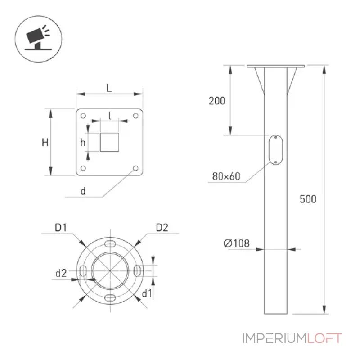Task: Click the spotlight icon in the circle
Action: [x=38, y=38]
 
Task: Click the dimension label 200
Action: [x=217, y=101]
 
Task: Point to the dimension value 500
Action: [x=308, y=199]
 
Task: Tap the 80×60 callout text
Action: [x=226, y=176]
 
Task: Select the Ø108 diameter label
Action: [x=236, y=243]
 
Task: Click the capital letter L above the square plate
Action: [x=109, y=88]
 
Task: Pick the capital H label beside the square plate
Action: [x=45, y=143]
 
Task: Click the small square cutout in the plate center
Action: [x=109, y=142]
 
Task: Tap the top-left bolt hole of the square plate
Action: [x=83, y=116]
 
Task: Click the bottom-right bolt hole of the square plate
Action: [x=136, y=168]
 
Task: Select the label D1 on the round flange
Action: [x=61, y=228]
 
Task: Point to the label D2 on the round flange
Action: [x=162, y=228]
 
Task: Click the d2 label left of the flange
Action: [x=61, y=273]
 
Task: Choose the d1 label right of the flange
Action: [x=147, y=293]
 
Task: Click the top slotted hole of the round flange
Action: [x=110, y=244]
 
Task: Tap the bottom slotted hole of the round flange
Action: [x=110, y=298]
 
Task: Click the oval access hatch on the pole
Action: [x=276, y=150]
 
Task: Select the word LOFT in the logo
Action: [x=324, y=338]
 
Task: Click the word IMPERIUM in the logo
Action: [x=274, y=338]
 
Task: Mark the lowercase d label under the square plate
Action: [x=83, y=191]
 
